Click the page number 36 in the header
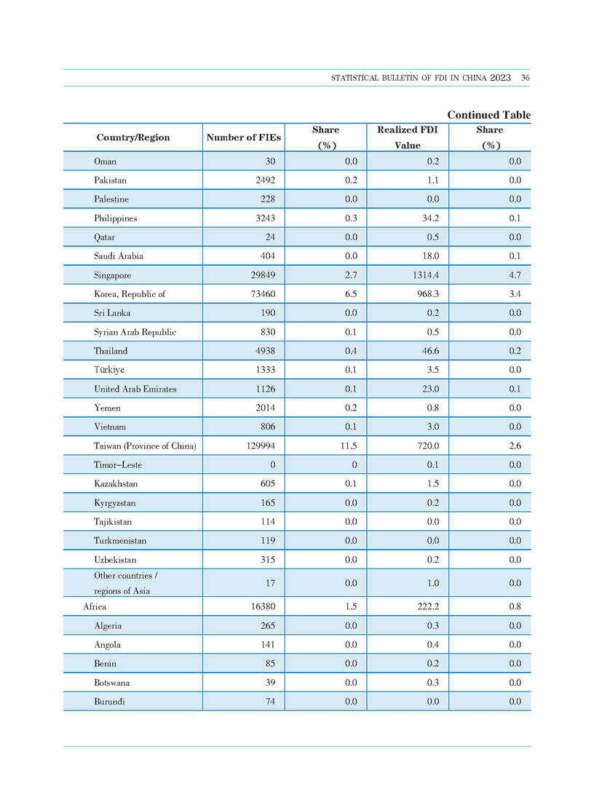(x=525, y=78)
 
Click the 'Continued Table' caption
(x=489, y=115)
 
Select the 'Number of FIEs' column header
(x=243, y=138)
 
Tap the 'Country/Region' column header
(x=133, y=138)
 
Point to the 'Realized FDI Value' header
(x=407, y=138)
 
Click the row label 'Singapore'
(x=112, y=275)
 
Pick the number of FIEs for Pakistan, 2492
(x=266, y=180)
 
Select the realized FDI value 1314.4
(x=426, y=275)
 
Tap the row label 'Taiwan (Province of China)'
(x=145, y=446)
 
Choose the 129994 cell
(x=261, y=446)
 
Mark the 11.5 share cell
(x=349, y=446)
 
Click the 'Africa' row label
(x=95, y=606)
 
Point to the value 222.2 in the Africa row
(x=428, y=606)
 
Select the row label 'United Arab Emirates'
(x=135, y=389)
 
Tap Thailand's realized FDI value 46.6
(x=430, y=351)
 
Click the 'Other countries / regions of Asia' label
(x=125, y=583)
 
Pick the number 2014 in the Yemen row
(x=266, y=408)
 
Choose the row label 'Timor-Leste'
(x=118, y=465)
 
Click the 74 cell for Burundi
(x=271, y=702)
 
